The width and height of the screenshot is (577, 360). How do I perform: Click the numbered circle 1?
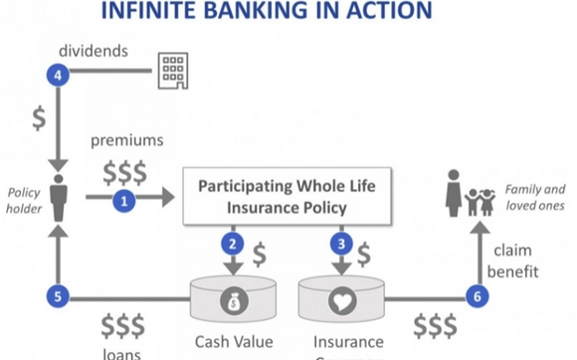click(x=124, y=201)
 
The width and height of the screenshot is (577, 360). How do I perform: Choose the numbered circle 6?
click(x=476, y=296)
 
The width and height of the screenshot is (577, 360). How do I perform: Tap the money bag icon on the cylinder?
click(x=233, y=298)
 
